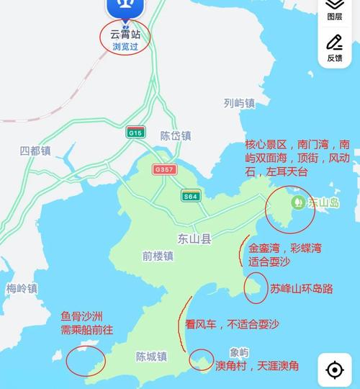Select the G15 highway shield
(x=135, y=133)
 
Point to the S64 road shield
(x=190, y=196)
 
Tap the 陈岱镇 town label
(x=176, y=135)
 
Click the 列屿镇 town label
(x=239, y=103)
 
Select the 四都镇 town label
(x=35, y=151)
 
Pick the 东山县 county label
(x=192, y=238)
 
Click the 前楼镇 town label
(x=158, y=256)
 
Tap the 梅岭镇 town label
(x=22, y=289)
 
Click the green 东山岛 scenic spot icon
(x=297, y=203)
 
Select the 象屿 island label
(x=239, y=352)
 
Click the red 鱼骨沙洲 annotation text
(x=83, y=316)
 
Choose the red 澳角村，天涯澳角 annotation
(x=257, y=366)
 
